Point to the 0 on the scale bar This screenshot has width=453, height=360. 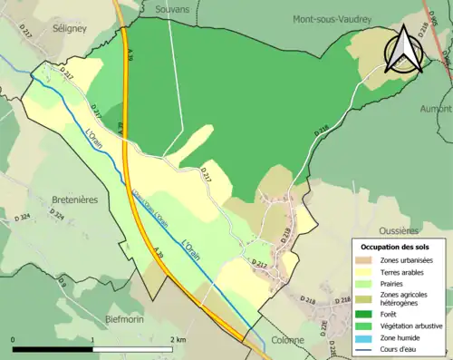(13, 339)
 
